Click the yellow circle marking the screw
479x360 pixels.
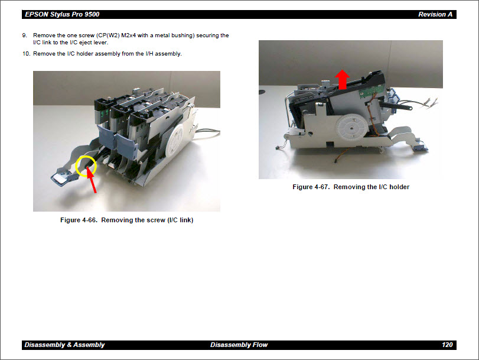tap(86, 166)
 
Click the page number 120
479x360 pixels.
tap(447, 345)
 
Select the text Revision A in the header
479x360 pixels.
tap(436, 14)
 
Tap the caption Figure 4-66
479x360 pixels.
tap(126, 220)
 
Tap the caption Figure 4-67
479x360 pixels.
tap(350, 187)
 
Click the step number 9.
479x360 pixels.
tap(25, 35)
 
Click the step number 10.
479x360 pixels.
tap(26, 54)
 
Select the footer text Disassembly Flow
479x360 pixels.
tap(239, 345)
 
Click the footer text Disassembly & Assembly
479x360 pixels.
tap(64, 345)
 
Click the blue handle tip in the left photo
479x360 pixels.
tap(60, 176)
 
